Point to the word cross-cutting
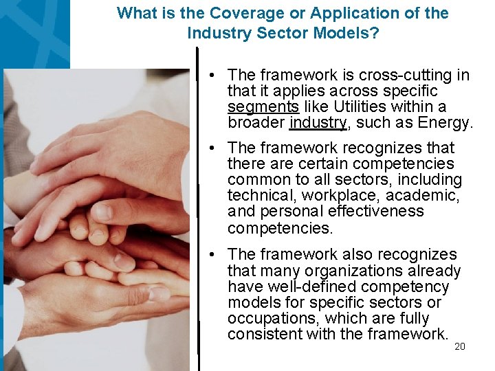(406, 75)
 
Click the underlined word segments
(263, 107)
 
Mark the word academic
(425, 196)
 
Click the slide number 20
(460, 346)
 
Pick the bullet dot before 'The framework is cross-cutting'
(215, 75)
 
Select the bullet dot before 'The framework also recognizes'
(215, 255)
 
